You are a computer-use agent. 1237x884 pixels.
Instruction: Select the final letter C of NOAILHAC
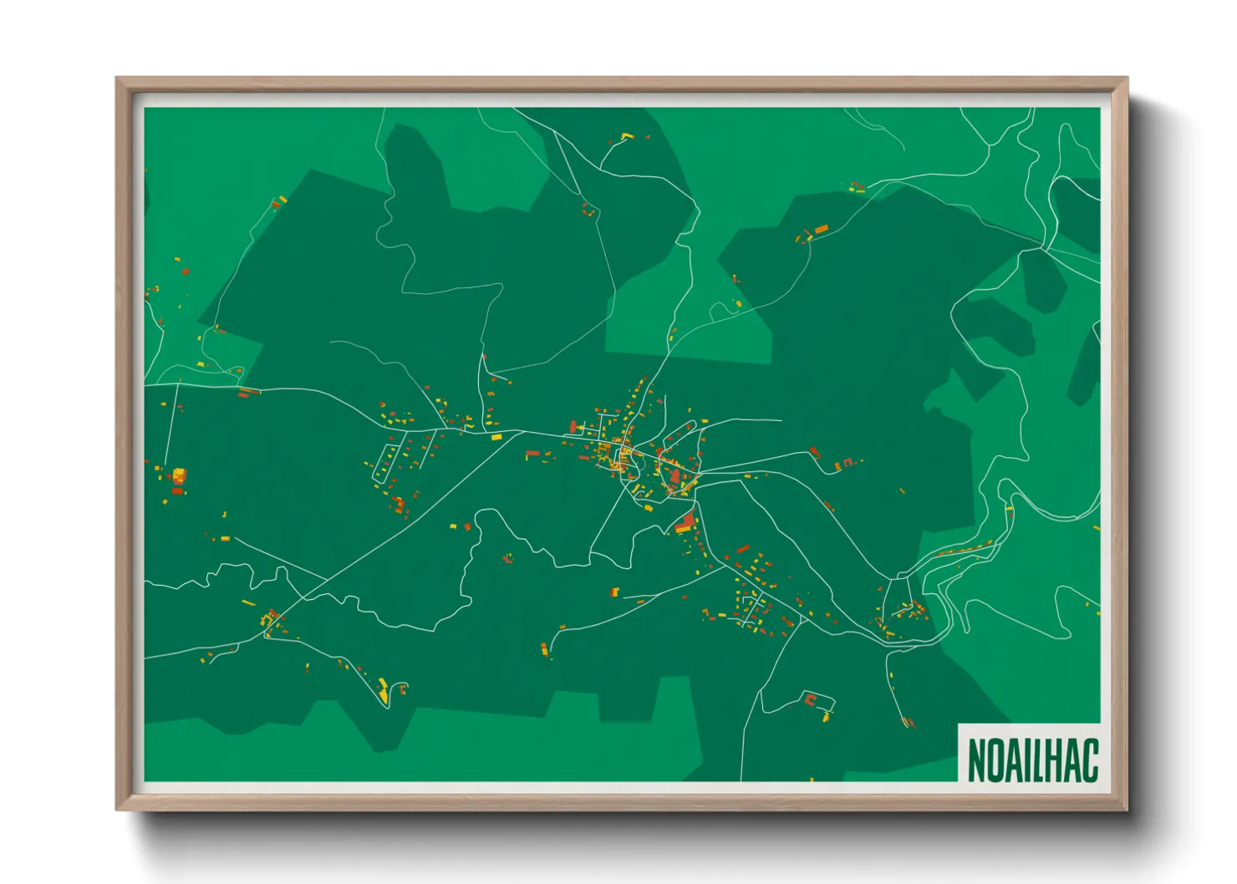1089,760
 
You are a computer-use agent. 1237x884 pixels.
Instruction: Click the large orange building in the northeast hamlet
821,228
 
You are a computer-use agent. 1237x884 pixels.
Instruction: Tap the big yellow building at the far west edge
178,475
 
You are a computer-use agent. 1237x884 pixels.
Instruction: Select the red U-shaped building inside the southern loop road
809,699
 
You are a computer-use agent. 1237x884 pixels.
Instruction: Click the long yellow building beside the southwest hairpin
383,691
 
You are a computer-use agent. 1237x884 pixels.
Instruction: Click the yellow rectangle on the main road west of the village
496,436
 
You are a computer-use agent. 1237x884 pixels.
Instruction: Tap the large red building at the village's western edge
573,427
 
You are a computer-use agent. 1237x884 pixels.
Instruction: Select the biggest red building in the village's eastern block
675,476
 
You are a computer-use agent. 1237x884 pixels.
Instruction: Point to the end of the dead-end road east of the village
781,420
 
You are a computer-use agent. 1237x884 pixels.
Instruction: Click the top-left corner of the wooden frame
117,79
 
